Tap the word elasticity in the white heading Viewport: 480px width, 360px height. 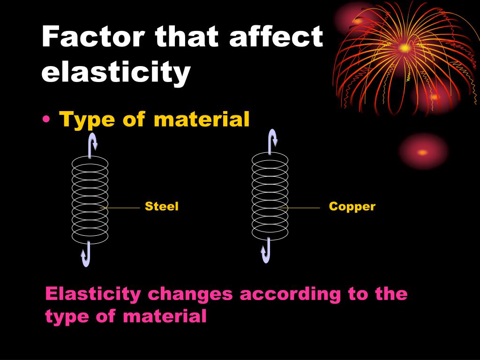116,73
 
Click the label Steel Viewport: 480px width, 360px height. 162,207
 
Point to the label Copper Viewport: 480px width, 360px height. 352,207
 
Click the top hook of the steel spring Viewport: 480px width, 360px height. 92,143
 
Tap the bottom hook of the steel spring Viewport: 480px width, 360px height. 86,255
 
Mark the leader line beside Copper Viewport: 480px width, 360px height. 302,207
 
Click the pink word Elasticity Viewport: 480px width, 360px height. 93,294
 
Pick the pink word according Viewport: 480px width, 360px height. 290,294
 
